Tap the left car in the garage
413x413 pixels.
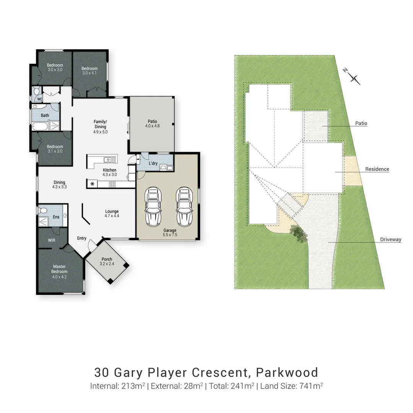pyautogui.click(x=153, y=206)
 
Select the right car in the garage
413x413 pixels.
pyautogui.click(x=183, y=206)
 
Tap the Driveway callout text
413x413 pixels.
pyautogui.click(x=390, y=240)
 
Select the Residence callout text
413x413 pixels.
pyautogui.click(x=377, y=169)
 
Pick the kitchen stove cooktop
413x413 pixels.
pyautogui.click(x=112, y=184)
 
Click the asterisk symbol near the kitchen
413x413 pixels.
pyautogui.click(x=93, y=184)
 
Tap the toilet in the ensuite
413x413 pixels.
pyautogui.click(x=42, y=210)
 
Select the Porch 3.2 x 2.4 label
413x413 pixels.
pyautogui.click(x=107, y=262)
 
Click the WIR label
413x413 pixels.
pyautogui.click(x=52, y=241)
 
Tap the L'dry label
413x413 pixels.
pyautogui.click(x=153, y=164)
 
